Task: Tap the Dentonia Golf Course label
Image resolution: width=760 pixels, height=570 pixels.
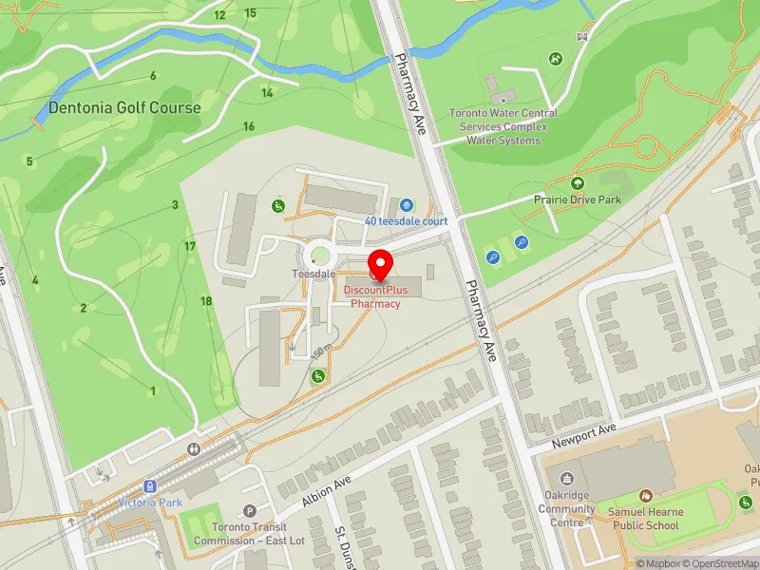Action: click(x=124, y=107)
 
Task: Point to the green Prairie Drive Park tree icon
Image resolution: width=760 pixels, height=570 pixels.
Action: click(x=577, y=183)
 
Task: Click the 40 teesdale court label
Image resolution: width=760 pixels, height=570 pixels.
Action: click(x=406, y=220)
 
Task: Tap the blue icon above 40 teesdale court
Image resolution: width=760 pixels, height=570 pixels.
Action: click(x=407, y=204)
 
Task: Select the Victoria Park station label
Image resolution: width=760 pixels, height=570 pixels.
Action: click(x=150, y=502)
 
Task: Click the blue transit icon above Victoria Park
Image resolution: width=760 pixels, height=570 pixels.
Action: click(x=150, y=486)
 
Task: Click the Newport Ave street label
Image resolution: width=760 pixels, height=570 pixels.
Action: click(x=585, y=436)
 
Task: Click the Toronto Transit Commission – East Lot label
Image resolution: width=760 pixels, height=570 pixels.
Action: click(x=248, y=535)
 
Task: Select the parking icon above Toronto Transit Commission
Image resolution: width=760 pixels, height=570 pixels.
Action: click(x=250, y=511)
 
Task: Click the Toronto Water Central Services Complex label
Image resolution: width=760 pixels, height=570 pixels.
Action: click(x=503, y=126)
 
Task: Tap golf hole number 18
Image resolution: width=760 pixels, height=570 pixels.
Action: click(x=206, y=301)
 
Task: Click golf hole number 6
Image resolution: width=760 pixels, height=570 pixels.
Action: click(x=152, y=76)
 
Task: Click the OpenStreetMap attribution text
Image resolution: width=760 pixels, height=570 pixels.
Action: click(x=719, y=563)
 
